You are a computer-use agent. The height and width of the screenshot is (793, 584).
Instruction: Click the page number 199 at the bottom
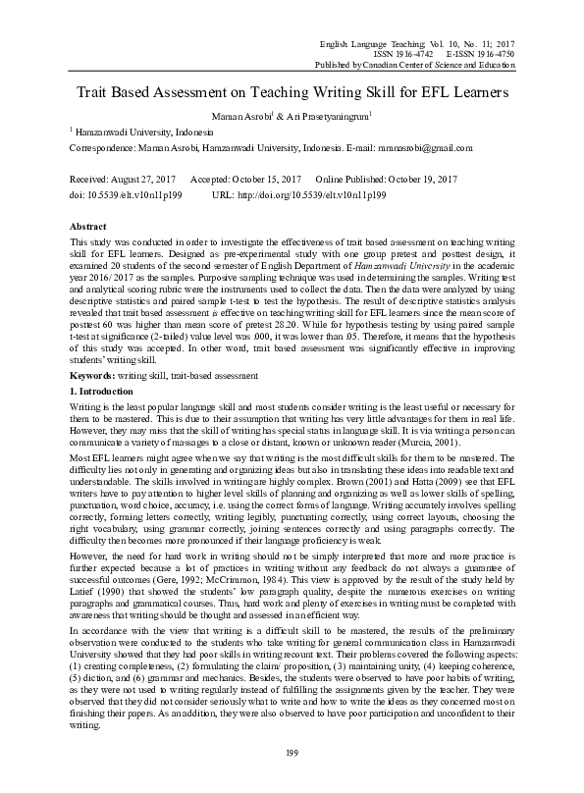point(292,754)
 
